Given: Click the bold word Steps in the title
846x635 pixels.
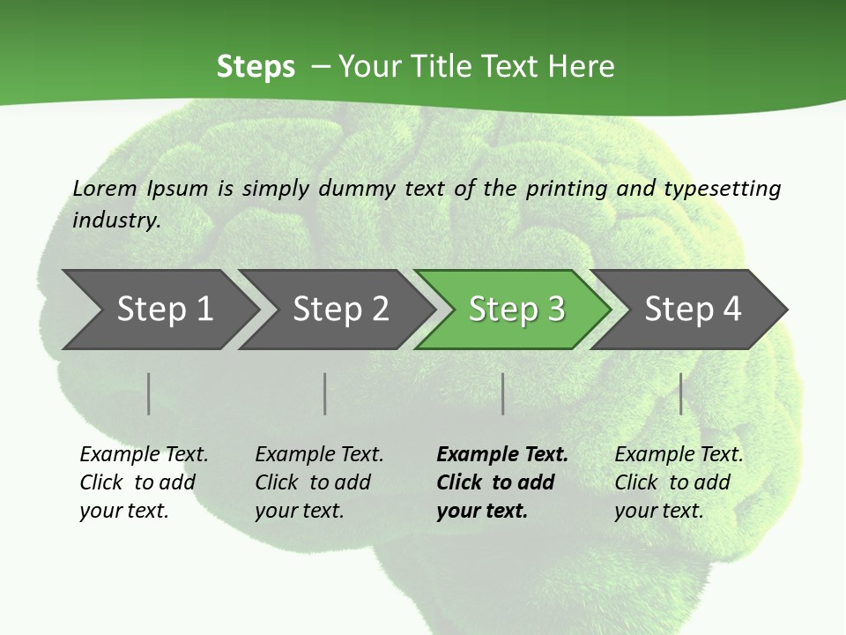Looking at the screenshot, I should click(x=256, y=67).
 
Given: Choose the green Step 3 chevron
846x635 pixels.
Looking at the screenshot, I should click(x=516, y=310).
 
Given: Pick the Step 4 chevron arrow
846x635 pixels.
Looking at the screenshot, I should click(x=693, y=310).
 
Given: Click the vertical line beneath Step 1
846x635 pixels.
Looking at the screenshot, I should click(x=149, y=393).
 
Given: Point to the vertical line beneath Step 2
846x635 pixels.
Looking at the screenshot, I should click(x=325, y=393).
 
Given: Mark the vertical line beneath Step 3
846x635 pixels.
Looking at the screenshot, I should click(x=502, y=393).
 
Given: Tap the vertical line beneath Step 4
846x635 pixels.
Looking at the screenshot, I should click(x=680, y=393).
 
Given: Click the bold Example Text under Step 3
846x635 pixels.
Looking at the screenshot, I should click(x=502, y=455).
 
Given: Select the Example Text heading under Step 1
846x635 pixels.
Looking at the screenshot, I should click(x=144, y=455).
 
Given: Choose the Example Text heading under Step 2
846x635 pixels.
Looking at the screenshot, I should click(x=319, y=455).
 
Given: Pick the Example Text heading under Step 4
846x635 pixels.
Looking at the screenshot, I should click(x=679, y=455).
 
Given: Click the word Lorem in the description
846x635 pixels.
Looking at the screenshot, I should click(x=105, y=189).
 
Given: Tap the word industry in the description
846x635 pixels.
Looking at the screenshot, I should click(x=116, y=220).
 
